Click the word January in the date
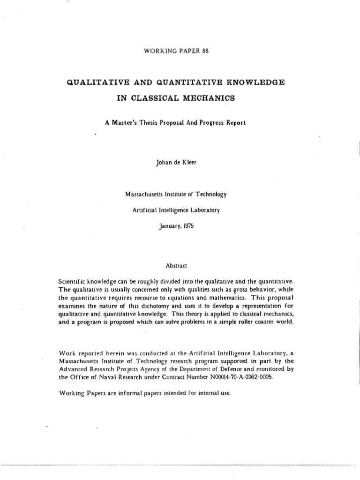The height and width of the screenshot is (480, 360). coord(170,226)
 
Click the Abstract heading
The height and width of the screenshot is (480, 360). coord(176,265)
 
